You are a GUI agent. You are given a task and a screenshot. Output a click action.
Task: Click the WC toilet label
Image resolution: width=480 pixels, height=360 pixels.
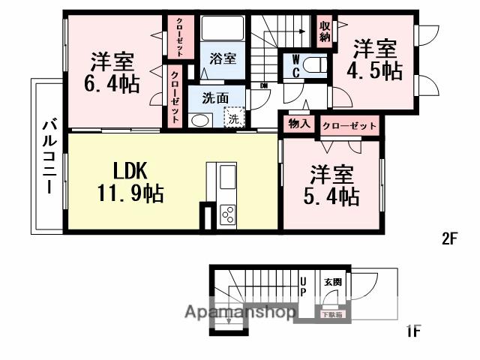click(x=295, y=67)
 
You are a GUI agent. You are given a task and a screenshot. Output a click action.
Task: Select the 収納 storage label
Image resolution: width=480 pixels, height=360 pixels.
click(x=325, y=31)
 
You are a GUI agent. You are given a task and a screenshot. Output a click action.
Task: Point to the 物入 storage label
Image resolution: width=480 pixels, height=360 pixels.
click(x=299, y=124)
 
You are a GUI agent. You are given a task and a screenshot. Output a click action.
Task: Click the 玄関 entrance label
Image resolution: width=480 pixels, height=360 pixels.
click(x=332, y=282)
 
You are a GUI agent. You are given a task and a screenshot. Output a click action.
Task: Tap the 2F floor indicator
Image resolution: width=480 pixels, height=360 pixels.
click(x=449, y=239)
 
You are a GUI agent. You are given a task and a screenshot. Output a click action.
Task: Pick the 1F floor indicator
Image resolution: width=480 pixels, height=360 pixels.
click(x=414, y=329)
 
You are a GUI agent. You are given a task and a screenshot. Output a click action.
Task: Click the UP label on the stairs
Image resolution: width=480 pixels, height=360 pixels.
click(x=304, y=286)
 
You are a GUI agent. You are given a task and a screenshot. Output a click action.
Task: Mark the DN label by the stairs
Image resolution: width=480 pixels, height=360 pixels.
click(x=264, y=85)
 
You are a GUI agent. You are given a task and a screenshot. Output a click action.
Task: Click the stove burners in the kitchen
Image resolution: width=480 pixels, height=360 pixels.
click(x=227, y=213)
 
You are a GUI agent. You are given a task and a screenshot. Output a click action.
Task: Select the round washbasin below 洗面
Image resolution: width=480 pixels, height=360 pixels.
click(x=199, y=120)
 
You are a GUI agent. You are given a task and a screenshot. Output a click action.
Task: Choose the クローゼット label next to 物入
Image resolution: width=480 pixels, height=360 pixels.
click(x=349, y=125)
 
